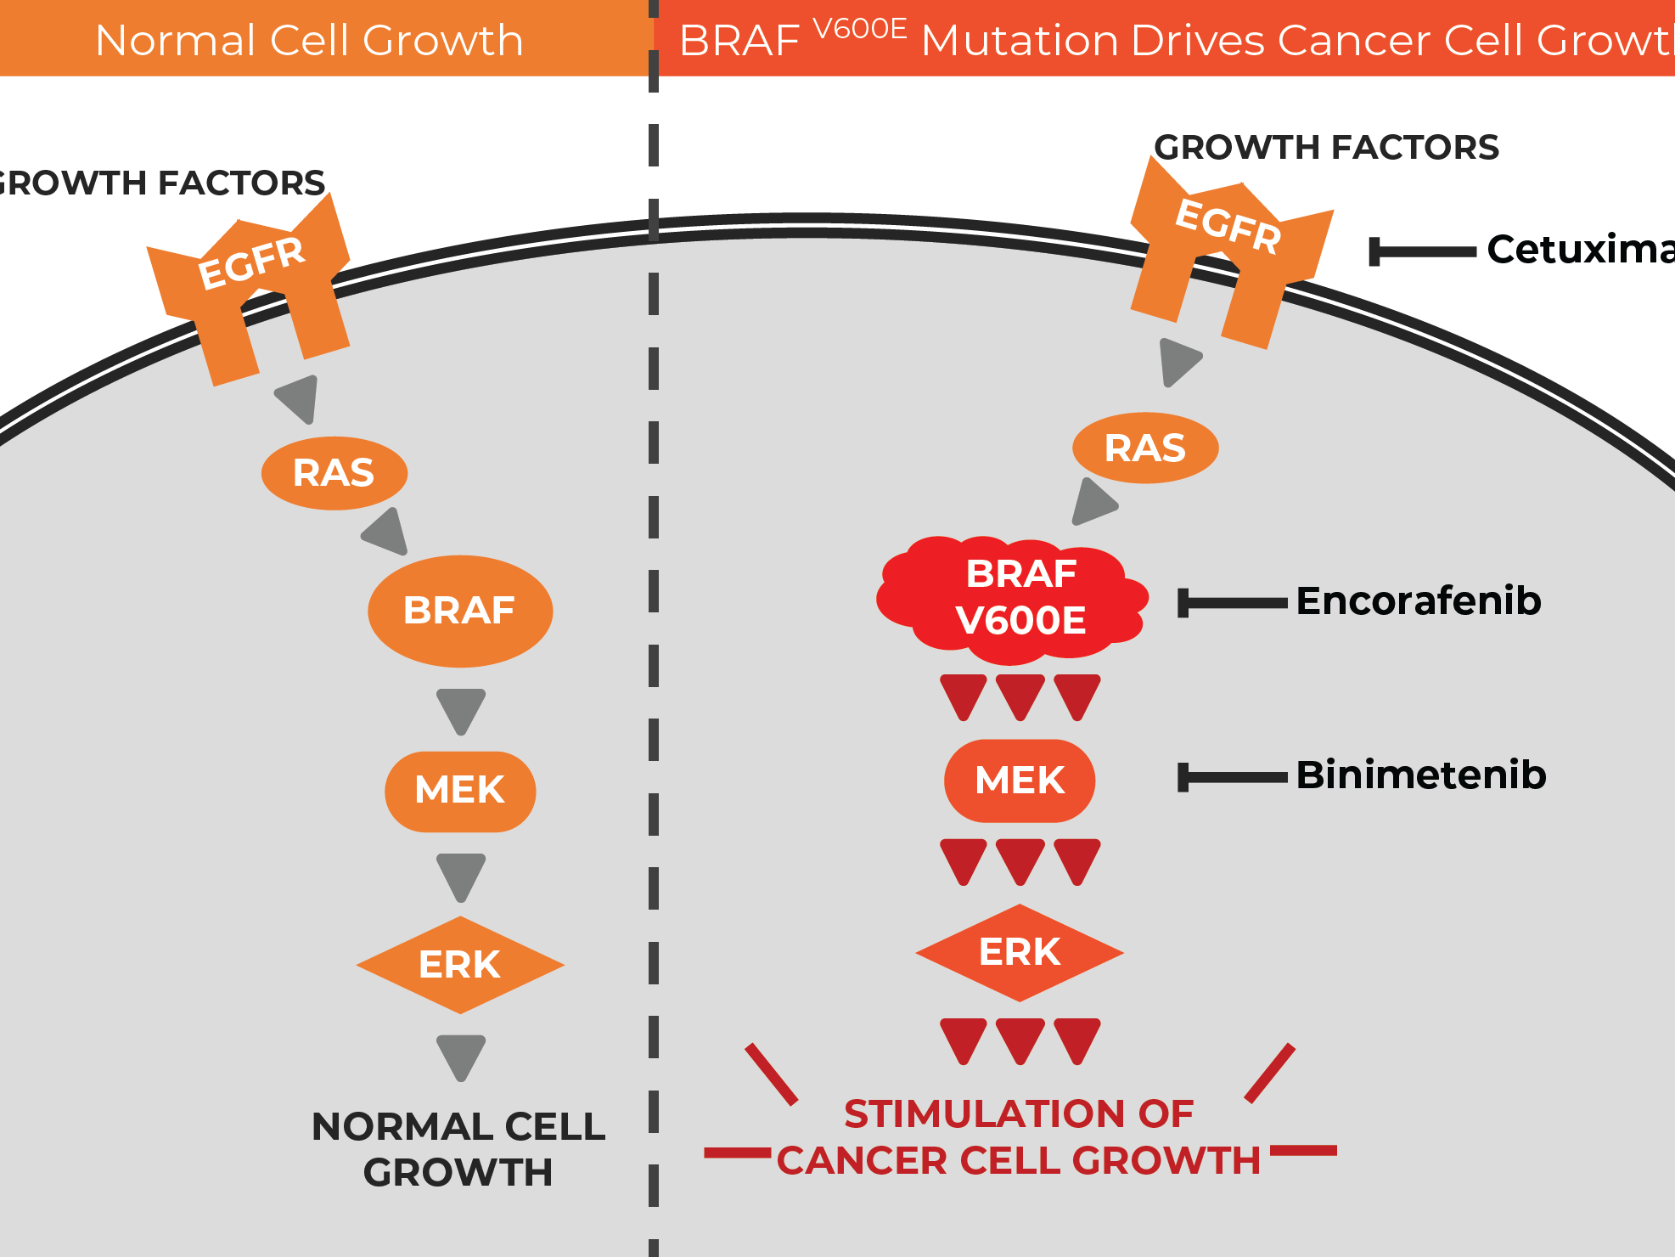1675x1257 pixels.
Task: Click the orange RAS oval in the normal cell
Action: [334, 473]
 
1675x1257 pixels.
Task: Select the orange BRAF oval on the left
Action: [459, 611]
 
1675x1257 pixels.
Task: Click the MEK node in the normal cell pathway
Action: [459, 791]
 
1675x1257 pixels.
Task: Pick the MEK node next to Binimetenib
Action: [1019, 781]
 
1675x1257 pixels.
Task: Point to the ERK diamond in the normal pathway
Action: [459, 965]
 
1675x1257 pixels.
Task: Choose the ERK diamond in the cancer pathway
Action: [1019, 952]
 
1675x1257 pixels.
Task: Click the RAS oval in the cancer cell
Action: [1144, 448]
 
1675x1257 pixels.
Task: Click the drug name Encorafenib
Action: [1418, 601]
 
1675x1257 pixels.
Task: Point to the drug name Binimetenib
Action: [1420, 775]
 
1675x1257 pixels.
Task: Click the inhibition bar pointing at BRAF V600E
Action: [1232, 603]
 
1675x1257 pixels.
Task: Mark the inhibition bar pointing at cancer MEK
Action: [1232, 777]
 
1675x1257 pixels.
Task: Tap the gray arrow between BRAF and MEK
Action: [460, 711]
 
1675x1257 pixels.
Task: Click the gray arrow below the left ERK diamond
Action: [460, 1057]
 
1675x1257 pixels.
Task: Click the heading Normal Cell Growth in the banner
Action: [309, 40]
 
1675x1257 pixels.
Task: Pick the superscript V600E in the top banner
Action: [859, 29]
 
